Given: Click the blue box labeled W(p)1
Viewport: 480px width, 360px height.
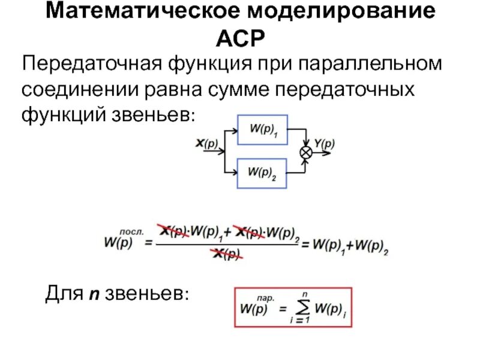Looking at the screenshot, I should coord(262,130).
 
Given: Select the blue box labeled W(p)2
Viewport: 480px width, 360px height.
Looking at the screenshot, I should coord(262,173).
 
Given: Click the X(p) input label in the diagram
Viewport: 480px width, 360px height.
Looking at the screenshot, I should coord(207,143).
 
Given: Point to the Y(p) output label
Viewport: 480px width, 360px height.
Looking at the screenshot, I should coord(324,143).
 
